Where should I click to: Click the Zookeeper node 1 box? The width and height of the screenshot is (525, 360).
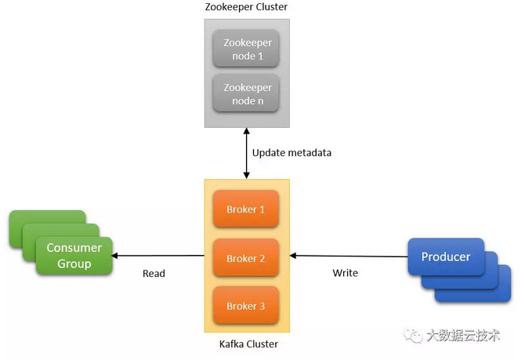coord(247,49)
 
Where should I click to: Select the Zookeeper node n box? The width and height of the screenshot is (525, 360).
coord(247,93)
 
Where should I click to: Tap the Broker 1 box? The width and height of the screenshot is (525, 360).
coord(246,209)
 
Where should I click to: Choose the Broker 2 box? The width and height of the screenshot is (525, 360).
coord(246,258)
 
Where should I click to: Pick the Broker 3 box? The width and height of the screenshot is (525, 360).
coord(246,306)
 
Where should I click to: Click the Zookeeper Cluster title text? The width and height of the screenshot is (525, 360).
coord(247,7)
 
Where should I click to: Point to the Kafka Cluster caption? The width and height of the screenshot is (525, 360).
coord(247,344)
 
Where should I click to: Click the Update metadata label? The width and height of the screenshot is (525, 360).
coord(291,152)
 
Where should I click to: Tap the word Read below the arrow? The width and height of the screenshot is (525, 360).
coord(154,273)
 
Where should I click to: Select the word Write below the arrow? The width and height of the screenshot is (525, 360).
coord(345,273)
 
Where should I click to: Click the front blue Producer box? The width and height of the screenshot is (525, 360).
coord(446,257)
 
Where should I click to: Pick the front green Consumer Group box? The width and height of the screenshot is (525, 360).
coord(74,256)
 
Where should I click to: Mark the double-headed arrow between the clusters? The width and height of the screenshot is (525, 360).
coord(247,153)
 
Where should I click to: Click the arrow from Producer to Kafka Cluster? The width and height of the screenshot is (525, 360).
coord(348,256)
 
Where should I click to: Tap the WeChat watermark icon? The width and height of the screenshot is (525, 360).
coord(411,336)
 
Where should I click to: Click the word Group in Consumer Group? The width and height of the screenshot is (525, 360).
coord(74,264)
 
